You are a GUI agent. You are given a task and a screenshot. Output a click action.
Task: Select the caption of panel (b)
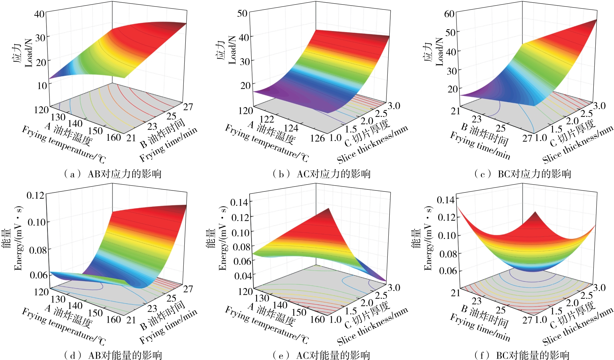321,174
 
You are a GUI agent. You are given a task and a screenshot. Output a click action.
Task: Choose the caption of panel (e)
321,355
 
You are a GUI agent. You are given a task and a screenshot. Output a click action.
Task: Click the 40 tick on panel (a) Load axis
40,14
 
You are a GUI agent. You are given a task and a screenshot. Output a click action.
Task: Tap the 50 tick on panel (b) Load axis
242,13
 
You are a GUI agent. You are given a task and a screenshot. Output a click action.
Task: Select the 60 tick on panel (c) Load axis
449,14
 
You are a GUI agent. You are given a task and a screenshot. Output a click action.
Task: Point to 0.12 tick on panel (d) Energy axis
35,196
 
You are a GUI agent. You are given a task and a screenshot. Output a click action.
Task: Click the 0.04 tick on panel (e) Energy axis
243,276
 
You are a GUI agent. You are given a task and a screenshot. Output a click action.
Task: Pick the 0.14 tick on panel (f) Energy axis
446,200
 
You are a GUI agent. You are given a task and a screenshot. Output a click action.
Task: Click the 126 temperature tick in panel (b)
317,138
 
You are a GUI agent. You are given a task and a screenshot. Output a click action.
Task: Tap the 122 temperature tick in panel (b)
267,119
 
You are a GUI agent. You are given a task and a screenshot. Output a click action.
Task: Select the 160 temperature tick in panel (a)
114,137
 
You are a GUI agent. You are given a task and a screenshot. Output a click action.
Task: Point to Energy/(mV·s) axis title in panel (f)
428,238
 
